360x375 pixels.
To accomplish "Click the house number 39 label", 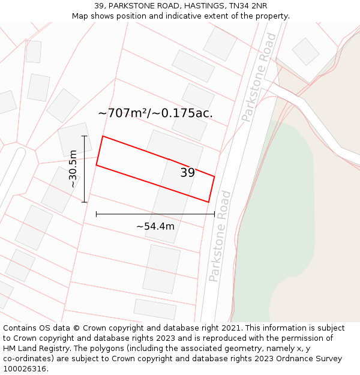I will click(x=187, y=173).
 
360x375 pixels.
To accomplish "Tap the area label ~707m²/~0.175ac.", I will click(x=155, y=113).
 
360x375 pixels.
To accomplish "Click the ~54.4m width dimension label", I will click(x=155, y=226).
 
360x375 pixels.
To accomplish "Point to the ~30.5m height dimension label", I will click(x=73, y=169).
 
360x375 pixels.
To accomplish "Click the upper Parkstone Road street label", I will click(x=259, y=77).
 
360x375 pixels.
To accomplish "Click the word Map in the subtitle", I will click(x=80, y=16).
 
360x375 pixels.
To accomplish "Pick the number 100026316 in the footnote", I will click(x=26, y=369).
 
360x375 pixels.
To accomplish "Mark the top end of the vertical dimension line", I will click(x=85, y=136).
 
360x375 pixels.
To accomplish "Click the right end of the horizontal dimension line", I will click(x=214, y=214).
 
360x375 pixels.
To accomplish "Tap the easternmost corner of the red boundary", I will click(x=214, y=176).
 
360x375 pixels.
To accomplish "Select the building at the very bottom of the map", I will click(x=155, y=309).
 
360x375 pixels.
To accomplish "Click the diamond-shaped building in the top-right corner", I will click(x=305, y=52).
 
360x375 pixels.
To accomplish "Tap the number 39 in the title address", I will click(x=99, y=6).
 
